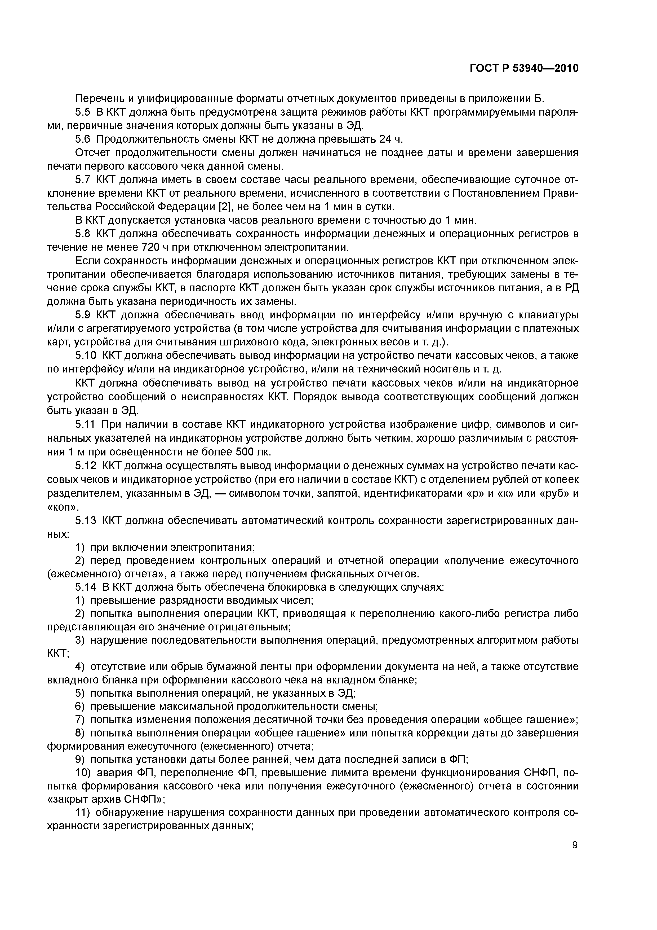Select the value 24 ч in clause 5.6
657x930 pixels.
tap(391, 139)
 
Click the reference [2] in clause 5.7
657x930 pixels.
tap(224, 207)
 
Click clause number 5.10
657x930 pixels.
tap(85, 355)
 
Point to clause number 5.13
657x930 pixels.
tap(85, 520)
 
